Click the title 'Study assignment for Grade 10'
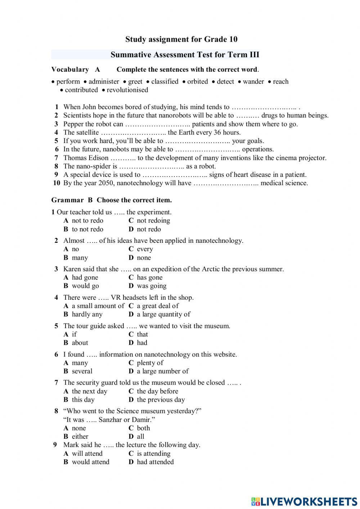tap(181, 39)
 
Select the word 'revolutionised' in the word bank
tap(127, 90)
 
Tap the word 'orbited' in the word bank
tap(197, 81)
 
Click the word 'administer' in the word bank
tap(104, 81)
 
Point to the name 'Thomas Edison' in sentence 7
tap(86, 158)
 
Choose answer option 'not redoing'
tap(153, 220)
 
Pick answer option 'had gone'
tap(85, 277)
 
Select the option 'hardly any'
tap(87, 314)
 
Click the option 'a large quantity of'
tap(163, 314)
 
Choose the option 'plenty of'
tap(150, 363)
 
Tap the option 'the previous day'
tap(161, 399)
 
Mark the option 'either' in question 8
tap(80, 437)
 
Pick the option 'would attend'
tap(90, 462)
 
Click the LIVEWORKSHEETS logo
tap(304, 501)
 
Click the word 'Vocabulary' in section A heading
tap(70, 70)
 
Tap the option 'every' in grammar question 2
tap(145, 249)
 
